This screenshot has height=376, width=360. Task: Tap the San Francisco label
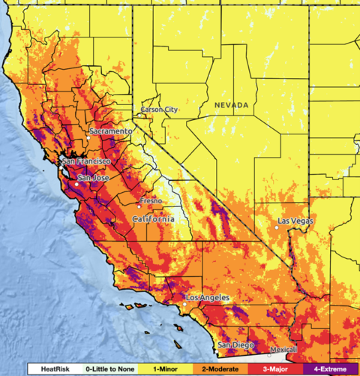(87, 161)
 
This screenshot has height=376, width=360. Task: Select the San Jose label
(94, 178)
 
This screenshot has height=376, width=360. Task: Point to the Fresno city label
(149, 201)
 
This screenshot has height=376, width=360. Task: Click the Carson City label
(160, 110)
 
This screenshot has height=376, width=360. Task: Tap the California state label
(153, 218)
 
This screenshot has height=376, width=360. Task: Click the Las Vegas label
(296, 221)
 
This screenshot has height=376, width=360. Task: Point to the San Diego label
(235, 344)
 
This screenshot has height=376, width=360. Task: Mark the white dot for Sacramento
(88, 138)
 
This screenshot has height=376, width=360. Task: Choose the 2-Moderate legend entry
(215, 369)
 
